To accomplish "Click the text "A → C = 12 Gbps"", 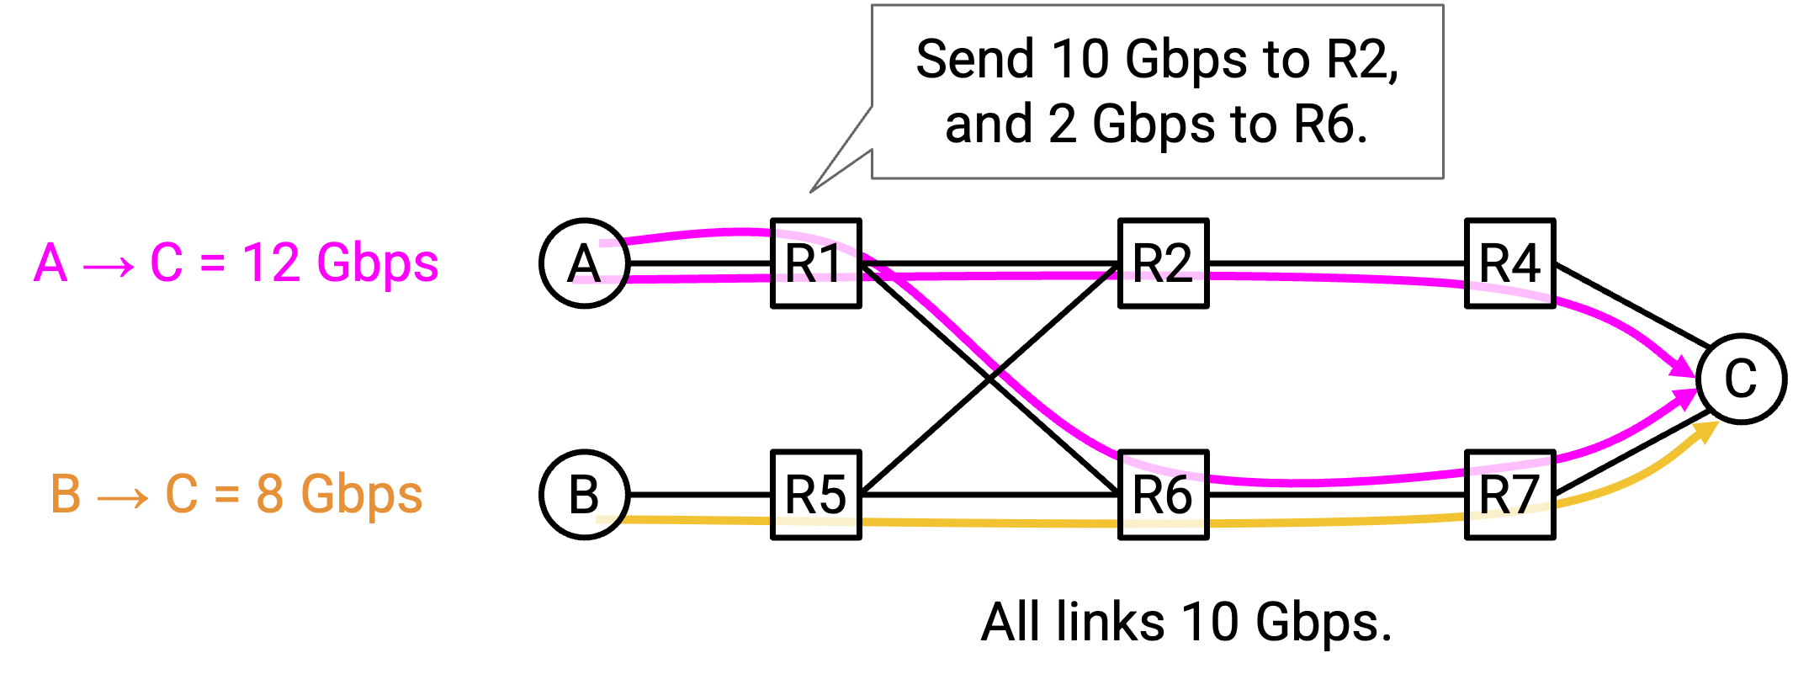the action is point(236,263).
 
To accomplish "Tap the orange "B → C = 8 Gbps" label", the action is point(236,494).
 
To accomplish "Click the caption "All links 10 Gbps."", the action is point(1186,623).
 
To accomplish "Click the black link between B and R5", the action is point(700,495).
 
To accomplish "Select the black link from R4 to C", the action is point(1632,305).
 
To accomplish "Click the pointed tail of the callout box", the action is point(811,192).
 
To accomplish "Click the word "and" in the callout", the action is point(987,125).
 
